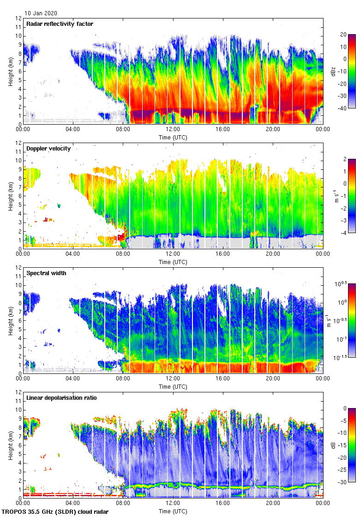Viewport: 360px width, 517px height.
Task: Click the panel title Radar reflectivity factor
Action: coord(60,24)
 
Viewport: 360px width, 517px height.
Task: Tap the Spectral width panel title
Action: coord(46,273)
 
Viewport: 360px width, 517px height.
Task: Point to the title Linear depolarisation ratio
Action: coord(61,397)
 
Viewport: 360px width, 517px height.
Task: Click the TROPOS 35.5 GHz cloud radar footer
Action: coord(55,512)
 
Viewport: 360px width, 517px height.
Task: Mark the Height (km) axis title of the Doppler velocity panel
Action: coord(10,196)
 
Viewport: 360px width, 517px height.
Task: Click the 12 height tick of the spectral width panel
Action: coord(18,268)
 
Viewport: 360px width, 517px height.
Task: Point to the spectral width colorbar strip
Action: coord(351,320)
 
